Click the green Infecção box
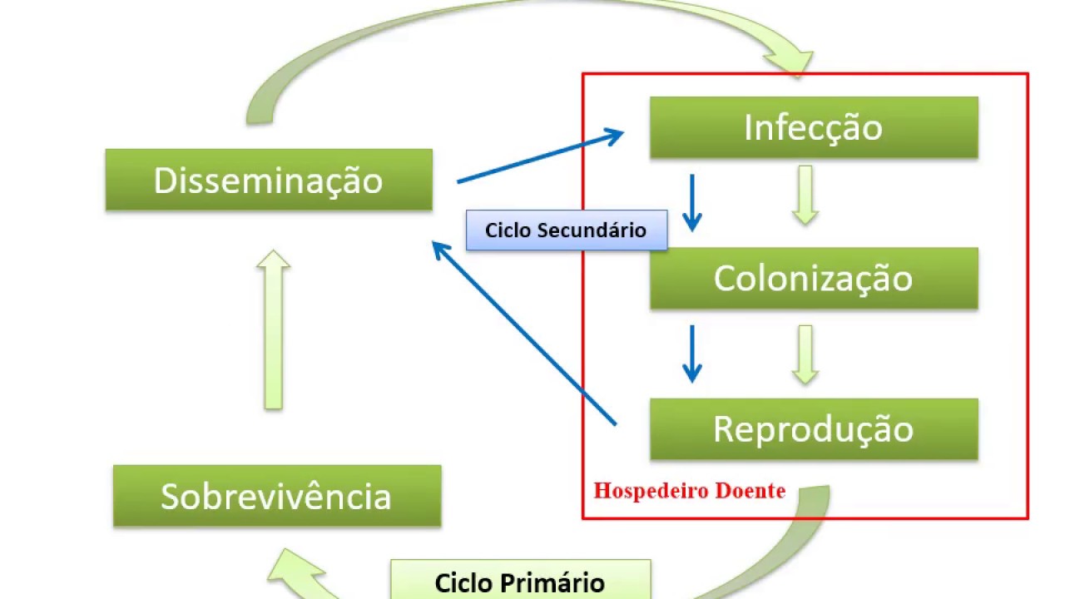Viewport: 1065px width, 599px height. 813,128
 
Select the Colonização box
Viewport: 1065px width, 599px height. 813,279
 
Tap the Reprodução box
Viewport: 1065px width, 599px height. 813,429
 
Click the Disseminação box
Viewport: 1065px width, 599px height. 269,181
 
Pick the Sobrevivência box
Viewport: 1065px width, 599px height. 276,497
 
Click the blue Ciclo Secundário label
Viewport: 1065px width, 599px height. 566,230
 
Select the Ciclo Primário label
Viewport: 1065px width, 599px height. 520,582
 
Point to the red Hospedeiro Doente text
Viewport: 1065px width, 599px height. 689,491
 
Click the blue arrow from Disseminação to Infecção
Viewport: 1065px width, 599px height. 541,156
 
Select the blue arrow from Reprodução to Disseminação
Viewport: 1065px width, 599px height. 524,333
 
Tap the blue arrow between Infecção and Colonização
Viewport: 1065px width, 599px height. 691,203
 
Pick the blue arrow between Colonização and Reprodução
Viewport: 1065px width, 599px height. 691,354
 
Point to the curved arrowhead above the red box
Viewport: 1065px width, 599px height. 790,58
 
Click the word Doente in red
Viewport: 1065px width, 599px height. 747,491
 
